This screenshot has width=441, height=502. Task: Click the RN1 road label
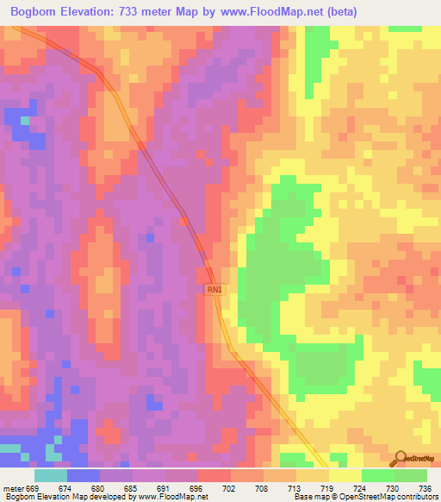pyautogui.click(x=214, y=292)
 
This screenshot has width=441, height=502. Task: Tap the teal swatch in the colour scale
pyautogui.click(x=50, y=475)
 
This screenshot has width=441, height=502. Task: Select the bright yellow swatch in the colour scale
pyautogui.click(x=345, y=475)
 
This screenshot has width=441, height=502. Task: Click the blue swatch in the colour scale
pyautogui.click(x=83, y=475)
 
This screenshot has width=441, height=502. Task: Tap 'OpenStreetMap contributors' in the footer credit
pyautogui.click(x=392, y=497)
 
